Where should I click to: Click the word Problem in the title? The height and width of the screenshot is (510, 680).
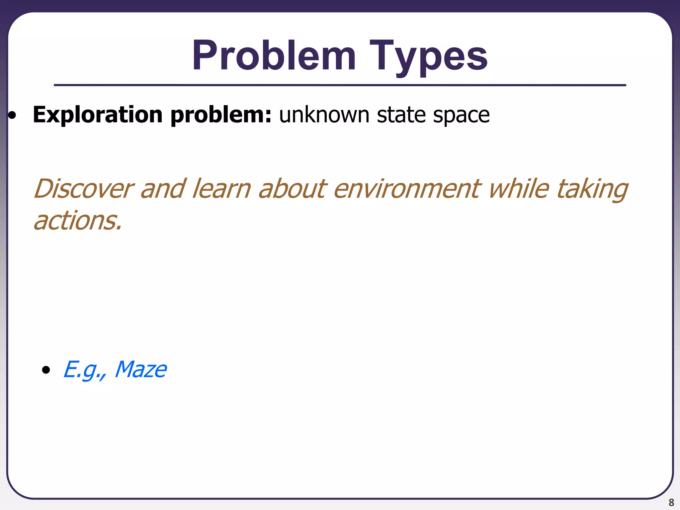(x=274, y=56)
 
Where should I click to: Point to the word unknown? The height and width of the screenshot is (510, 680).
(x=324, y=115)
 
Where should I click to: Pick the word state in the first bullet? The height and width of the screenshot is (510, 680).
(x=401, y=115)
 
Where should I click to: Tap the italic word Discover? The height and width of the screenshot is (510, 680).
(x=84, y=189)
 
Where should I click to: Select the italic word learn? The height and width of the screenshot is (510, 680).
(x=221, y=189)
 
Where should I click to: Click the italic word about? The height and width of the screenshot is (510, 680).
(x=293, y=189)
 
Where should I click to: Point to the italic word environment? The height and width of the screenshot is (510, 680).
(x=407, y=189)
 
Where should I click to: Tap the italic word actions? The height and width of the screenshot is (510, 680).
(x=78, y=221)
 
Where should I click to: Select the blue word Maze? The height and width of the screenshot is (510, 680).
(x=141, y=369)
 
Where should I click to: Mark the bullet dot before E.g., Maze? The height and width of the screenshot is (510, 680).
(x=46, y=370)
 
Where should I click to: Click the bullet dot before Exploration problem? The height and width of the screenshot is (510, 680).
(x=12, y=116)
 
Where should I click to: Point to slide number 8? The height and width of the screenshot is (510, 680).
(x=671, y=502)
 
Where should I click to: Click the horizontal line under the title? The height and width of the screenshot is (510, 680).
(x=340, y=85)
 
